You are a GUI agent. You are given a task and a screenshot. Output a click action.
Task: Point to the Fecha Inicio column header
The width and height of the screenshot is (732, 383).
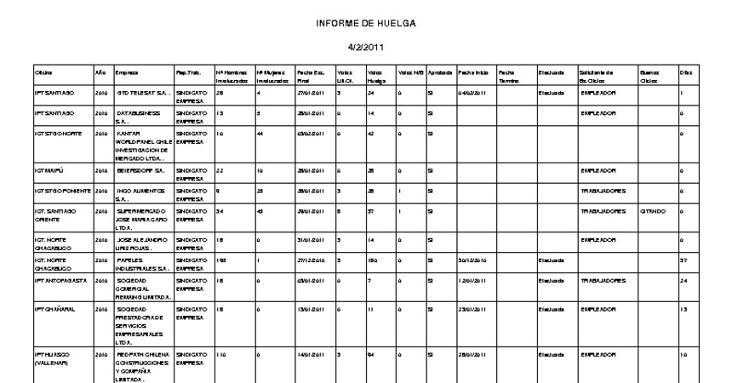click(x=472, y=74)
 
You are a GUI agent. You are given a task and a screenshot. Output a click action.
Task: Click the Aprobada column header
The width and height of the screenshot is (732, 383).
click(x=440, y=74)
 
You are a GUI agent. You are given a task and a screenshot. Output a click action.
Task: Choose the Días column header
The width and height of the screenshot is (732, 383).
click(x=684, y=74)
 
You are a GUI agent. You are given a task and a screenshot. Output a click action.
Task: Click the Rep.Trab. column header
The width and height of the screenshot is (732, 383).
click(x=188, y=74)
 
